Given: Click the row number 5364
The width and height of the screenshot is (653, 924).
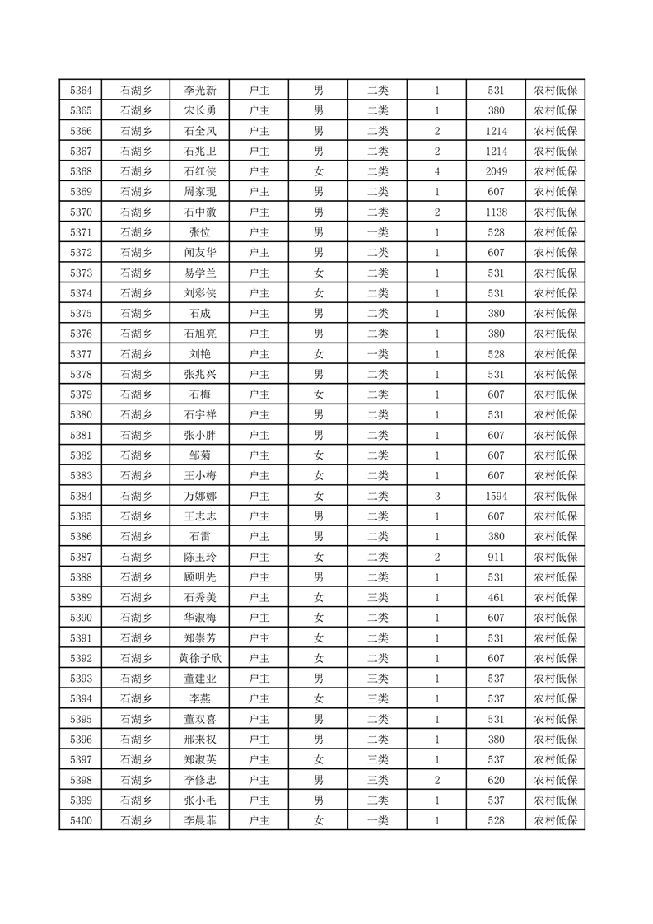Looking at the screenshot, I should [x=81, y=91].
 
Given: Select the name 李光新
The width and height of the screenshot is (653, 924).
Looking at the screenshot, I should [x=200, y=91].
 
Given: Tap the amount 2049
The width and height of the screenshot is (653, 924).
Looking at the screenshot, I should [x=496, y=171].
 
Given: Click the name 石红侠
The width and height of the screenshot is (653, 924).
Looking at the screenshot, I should [x=200, y=171].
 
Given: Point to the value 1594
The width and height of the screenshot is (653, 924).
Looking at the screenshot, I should [x=496, y=496].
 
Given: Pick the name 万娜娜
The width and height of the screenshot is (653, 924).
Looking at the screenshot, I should [x=200, y=496].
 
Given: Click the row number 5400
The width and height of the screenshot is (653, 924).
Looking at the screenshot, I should [x=81, y=820].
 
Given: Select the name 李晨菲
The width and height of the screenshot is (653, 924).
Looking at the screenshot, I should [x=200, y=820].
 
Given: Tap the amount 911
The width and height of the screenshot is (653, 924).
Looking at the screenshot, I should [x=496, y=557].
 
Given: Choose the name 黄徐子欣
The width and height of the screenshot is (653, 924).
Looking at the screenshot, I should [x=200, y=658].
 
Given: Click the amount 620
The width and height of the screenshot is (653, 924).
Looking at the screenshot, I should [x=496, y=780].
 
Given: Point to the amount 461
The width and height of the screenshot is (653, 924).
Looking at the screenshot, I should [x=496, y=597].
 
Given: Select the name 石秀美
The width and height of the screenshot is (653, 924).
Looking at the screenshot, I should [x=200, y=597].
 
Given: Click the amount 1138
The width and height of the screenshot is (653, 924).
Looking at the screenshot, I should [x=496, y=212].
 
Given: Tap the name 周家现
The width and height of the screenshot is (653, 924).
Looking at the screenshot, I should [x=200, y=192].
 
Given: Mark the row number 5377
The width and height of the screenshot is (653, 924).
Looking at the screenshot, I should [x=81, y=354].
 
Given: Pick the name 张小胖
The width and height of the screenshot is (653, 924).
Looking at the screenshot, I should [x=200, y=435].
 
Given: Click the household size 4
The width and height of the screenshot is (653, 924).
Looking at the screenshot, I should [x=436, y=171].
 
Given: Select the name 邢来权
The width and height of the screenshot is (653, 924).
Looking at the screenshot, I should [x=200, y=740].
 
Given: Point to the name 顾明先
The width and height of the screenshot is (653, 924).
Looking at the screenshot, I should [x=200, y=577].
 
